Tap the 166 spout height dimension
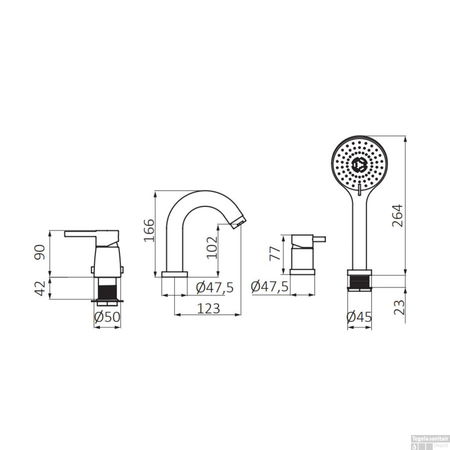(x=149, y=230)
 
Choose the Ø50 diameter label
(x=107, y=317)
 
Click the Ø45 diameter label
(x=359, y=317)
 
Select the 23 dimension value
(x=399, y=307)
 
